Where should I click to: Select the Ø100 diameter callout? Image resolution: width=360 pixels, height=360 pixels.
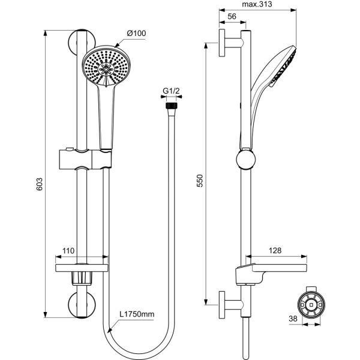coord(137,33)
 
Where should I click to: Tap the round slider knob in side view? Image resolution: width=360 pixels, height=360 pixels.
coord(245,160)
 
